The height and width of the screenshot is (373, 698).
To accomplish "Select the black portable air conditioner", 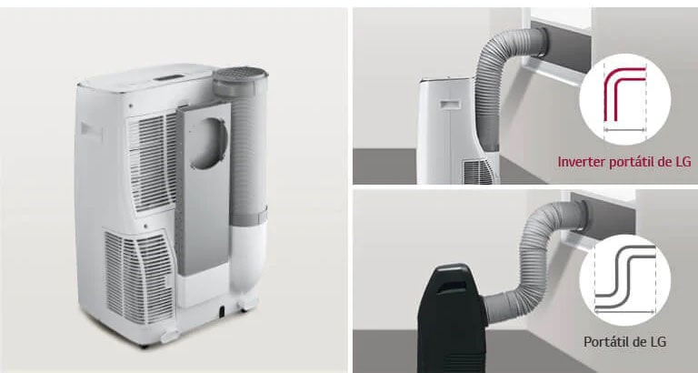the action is tap(451, 318).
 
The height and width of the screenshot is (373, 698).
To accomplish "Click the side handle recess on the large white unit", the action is tap(91, 132).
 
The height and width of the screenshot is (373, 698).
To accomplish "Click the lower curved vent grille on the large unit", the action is tap(139, 276).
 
